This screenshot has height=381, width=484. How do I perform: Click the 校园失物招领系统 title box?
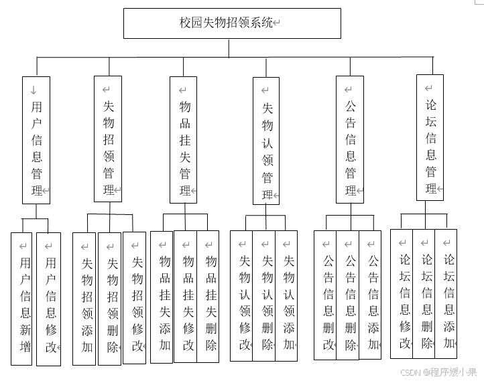(x=232, y=23)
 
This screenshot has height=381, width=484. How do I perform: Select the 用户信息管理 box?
(x=36, y=139)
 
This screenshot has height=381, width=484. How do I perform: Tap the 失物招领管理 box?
(x=108, y=139)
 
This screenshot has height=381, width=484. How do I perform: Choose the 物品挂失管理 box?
(x=184, y=139)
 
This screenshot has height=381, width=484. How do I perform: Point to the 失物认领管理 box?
(x=266, y=141)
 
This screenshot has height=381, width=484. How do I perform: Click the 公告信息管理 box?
(x=350, y=139)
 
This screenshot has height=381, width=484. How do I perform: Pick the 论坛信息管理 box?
(x=430, y=137)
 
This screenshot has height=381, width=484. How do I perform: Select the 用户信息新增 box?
(x=21, y=299)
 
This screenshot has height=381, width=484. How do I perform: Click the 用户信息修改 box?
(x=48, y=299)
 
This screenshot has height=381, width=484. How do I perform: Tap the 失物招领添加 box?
(x=84, y=299)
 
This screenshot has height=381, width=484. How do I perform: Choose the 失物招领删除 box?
(x=110, y=299)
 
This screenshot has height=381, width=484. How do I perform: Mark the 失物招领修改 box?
(x=135, y=298)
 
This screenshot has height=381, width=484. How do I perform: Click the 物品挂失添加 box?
(x=162, y=297)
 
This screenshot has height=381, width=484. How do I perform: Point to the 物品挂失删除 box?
(x=208, y=297)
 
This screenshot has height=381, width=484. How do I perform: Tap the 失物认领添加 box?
(x=286, y=296)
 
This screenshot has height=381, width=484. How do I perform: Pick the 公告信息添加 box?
(x=370, y=295)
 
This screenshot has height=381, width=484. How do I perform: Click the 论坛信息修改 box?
(x=402, y=294)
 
